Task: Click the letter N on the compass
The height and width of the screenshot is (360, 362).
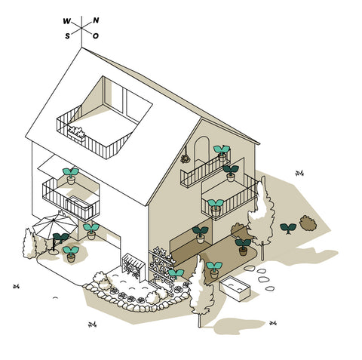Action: coord(96,20)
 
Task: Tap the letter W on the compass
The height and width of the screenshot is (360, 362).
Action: coord(67,21)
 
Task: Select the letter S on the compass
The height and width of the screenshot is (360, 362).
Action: coord(67,36)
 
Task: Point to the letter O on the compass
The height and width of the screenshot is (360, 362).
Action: coord(96,36)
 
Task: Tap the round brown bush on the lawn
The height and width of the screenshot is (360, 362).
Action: coord(308,223)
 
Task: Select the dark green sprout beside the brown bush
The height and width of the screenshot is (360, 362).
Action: coord(288,228)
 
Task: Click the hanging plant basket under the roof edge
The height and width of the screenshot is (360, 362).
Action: coord(186,157)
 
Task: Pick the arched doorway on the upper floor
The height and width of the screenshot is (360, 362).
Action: coord(202,149)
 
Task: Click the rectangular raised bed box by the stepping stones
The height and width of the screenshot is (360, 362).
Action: coord(235,288)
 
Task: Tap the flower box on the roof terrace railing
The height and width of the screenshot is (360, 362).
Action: coord(76,134)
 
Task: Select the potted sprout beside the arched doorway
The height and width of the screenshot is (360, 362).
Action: coord(222,153)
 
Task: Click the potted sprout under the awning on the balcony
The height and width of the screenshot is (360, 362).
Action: coord(71,176)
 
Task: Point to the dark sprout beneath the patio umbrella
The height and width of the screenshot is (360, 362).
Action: coord(61,238)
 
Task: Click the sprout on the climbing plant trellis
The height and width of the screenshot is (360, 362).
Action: coord(176,274)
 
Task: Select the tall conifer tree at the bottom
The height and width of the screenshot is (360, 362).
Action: coord(201,289)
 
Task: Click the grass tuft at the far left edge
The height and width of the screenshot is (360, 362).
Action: coord(16,286)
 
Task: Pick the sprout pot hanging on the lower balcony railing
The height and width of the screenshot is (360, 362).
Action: coord(216,208)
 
